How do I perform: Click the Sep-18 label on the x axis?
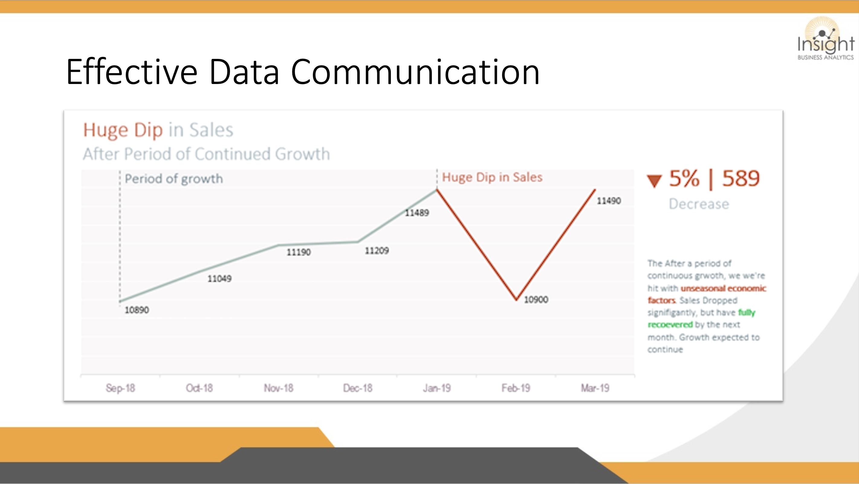pos(120,388)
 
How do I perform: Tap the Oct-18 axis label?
pos(199,388)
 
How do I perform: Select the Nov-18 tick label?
pos(278,388)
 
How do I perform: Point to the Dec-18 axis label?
pos(358,388)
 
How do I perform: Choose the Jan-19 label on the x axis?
pos(437,388)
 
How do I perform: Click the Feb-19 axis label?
pos(516,388)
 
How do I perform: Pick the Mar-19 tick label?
pos(595,388)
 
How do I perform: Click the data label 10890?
pos(137,310)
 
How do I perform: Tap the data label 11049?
pos(219,279)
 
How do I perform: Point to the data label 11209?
pos(377,250)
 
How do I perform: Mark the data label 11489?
pos(417,213)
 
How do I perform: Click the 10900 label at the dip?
pos(536,300)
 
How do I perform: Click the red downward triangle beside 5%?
pos(654,181)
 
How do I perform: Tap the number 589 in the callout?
pos(741,178)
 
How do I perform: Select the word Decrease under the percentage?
pos(699,204)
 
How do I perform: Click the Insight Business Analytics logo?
pos(826,39)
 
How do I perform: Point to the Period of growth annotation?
pos(174,179)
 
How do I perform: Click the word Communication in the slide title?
pos(416,71)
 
